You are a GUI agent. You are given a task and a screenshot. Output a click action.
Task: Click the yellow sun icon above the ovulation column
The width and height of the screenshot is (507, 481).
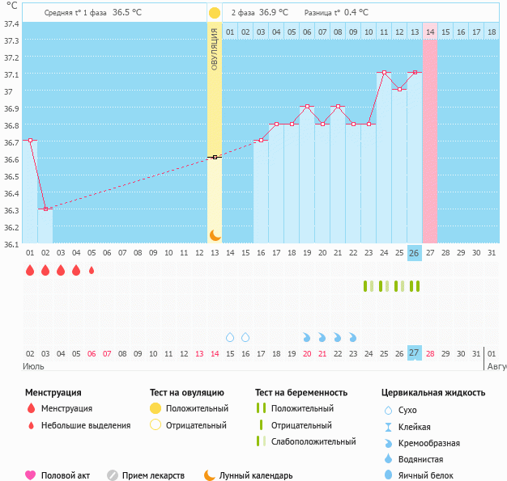[x=214, y=13]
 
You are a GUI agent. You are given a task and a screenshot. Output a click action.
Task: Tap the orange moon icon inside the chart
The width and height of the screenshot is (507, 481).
[x=215, y=234]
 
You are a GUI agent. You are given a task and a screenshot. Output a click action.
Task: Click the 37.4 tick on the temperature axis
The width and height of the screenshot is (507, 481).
[x=11, y=23]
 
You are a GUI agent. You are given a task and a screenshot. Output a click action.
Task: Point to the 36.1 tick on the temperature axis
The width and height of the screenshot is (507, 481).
[x=11, y=244]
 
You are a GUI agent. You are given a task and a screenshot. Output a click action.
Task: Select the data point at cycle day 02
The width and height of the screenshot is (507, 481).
[x=45, y=209]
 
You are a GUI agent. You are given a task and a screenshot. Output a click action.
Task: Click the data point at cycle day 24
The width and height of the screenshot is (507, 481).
[x=384, y=73]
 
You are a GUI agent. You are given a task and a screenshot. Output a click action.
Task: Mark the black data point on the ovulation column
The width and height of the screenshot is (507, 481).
[x=214, y=157]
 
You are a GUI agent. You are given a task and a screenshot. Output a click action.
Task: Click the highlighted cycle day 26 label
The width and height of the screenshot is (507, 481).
[x=414, y=253]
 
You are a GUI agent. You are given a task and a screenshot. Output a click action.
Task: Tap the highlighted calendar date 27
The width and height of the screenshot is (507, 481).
[x=414, y=353]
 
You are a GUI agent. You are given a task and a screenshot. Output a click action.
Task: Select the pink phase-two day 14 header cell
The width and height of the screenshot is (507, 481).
[x=429, y=32]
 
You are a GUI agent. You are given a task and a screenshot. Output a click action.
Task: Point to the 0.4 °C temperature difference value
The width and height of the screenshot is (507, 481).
[x=355, y=13]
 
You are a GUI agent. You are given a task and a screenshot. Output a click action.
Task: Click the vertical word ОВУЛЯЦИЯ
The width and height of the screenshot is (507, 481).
[x=215, y=49]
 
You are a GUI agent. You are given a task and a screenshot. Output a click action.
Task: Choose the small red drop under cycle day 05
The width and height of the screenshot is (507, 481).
[x=92, y=270]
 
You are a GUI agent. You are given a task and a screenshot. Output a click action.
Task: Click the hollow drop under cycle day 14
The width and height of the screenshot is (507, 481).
[x=230, y=336]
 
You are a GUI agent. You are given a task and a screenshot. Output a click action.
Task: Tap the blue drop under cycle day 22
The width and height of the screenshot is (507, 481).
[x=353, y=336]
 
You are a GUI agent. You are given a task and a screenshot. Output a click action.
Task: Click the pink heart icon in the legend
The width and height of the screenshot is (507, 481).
[x=31, y=475]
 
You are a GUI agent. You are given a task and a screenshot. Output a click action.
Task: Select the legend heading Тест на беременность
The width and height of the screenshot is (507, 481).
[x=301, y=392]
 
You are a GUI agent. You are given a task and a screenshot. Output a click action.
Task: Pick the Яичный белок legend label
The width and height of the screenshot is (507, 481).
[x=432, y=475]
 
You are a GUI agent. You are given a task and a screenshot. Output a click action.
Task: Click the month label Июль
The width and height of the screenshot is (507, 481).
[x=33, y=366]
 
